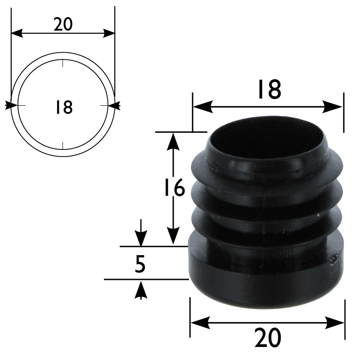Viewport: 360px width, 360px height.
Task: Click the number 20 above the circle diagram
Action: click(63, 24)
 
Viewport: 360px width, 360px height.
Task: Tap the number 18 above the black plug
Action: click(269, 90)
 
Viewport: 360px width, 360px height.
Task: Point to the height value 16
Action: click(174, 189)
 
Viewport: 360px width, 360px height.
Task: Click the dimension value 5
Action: click(140, 265)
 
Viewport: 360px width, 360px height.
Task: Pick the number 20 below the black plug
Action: click(267, 338)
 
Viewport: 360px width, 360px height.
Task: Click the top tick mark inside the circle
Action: click(62, 63)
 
